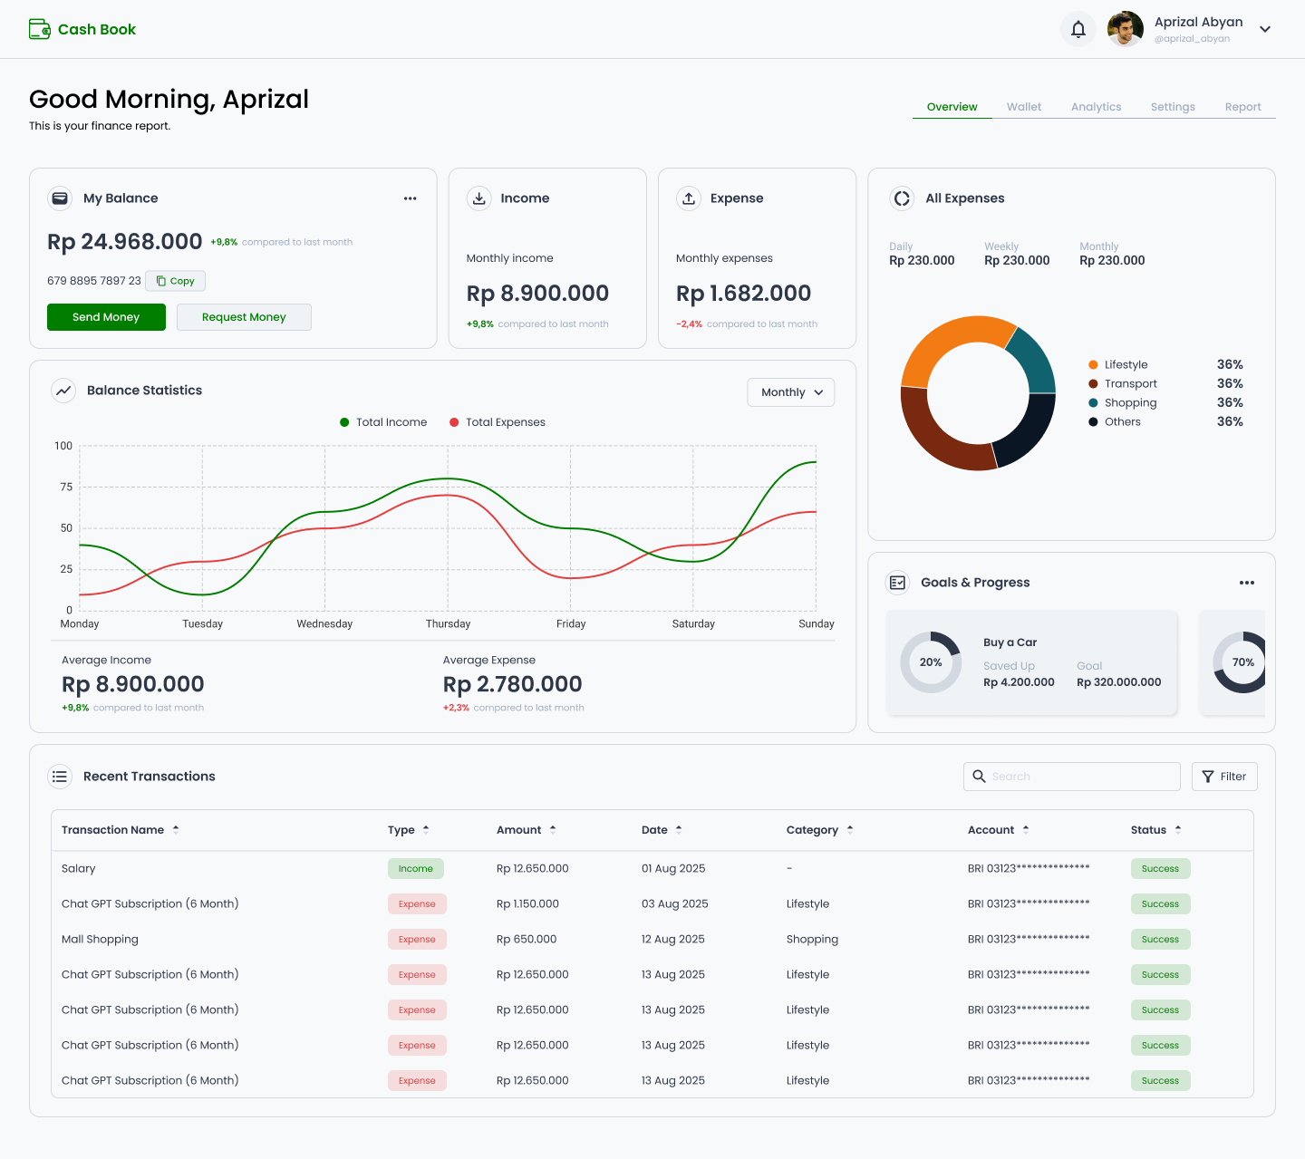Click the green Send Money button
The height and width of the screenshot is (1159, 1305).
(106, 317)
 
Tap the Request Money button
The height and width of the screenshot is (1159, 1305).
(244, 317)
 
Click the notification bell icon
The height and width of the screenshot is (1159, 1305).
(1078, 29)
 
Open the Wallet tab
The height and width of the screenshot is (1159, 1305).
(1023, 107)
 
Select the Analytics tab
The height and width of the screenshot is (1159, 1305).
(1096, 107)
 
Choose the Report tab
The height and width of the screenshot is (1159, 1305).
(1242, 107)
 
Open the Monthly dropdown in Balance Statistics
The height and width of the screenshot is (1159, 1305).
(790, 392)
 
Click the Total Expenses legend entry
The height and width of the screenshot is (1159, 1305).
(498, 422)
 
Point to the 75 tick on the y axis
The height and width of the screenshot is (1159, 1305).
(66, 487)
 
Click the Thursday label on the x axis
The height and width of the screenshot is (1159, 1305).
(448, 623)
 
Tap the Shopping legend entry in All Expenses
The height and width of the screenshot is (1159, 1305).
(1123, 402)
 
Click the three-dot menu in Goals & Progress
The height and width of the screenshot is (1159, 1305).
(1246, 583)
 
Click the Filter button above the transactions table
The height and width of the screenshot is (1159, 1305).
(1223, 777)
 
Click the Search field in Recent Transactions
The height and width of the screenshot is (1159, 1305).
(1072, 777)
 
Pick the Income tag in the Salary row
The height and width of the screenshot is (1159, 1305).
(415, 868)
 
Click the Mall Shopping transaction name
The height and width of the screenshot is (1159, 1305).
(100, 940)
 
